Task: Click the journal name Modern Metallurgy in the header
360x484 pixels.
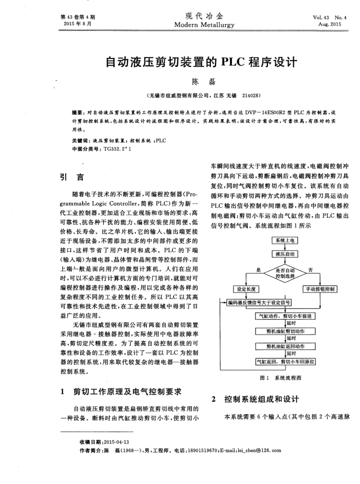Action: pos(204,25)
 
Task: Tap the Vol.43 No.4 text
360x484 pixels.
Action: pos(330,17)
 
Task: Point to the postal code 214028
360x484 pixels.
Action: pos(250,96)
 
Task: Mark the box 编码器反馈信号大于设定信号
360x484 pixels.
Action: pos(260,302)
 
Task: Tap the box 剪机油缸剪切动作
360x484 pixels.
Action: pos(285,332)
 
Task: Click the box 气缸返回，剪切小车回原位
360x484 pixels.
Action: pos(285,362)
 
